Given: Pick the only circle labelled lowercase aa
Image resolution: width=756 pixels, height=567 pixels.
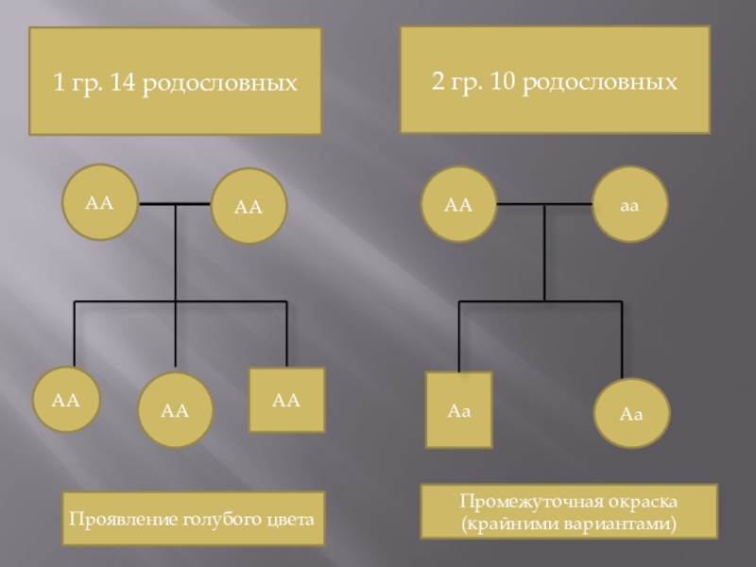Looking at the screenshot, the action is [630, 204].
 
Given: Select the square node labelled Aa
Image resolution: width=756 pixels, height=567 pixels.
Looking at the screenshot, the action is [458, 410].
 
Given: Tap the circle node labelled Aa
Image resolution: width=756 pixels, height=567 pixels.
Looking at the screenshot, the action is [632, 413].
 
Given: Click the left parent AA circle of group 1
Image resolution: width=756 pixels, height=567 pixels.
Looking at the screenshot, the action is [99, 202].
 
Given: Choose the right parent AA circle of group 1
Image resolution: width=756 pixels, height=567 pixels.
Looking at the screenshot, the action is [248, 207].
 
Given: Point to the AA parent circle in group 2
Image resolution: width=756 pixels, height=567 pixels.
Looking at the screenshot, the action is [458, 204].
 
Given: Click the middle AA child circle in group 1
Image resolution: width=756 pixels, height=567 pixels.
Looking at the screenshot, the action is [175, 410].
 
